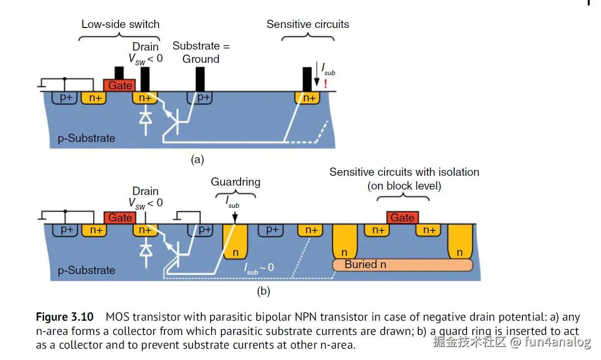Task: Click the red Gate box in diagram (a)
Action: tap(120, 85)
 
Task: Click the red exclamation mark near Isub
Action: tap(325, 84)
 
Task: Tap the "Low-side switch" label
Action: tap(120, 24)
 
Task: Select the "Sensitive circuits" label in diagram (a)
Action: tap(308, 24)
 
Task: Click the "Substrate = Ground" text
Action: tap(201, 53)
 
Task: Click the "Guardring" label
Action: tap(236, 182)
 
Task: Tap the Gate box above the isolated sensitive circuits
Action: tap(403, 218)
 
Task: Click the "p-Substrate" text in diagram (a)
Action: tap(86, 138)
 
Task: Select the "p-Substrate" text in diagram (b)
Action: tap(86, 271)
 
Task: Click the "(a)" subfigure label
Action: tap(197, 160)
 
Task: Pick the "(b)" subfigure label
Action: tap(264, 291)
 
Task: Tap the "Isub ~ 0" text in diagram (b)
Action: tap(259, 268)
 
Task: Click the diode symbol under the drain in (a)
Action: tap(145, 118)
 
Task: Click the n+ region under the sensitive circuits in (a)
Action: tap(309, 98)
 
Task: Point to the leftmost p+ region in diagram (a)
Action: tap(66, 98)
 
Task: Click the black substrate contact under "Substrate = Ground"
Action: tap(200, 79)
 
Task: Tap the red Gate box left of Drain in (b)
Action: tap(120, 218)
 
